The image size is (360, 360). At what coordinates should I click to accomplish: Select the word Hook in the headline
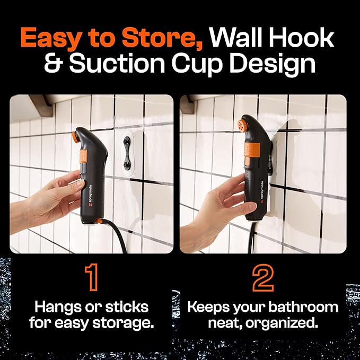[301, 37]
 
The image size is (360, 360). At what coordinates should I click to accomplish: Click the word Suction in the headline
[117, 63]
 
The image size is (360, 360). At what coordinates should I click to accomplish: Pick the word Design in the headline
[273, 64]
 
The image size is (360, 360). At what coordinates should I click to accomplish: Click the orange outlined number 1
[92, 277]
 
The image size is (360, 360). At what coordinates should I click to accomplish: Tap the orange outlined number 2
[263, 277]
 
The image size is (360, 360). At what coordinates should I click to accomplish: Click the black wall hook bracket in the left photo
[127, 153]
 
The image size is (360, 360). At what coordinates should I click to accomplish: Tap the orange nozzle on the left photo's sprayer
[75, 137]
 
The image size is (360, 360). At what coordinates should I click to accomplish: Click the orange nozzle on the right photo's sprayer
[242, 125]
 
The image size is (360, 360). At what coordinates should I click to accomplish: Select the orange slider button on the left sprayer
[83, 156]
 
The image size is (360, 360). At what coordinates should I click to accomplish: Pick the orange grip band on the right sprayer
[252, 148]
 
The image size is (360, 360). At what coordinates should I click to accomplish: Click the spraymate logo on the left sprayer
[90, 196]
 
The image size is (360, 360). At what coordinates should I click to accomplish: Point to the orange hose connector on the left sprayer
[99, 221]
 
